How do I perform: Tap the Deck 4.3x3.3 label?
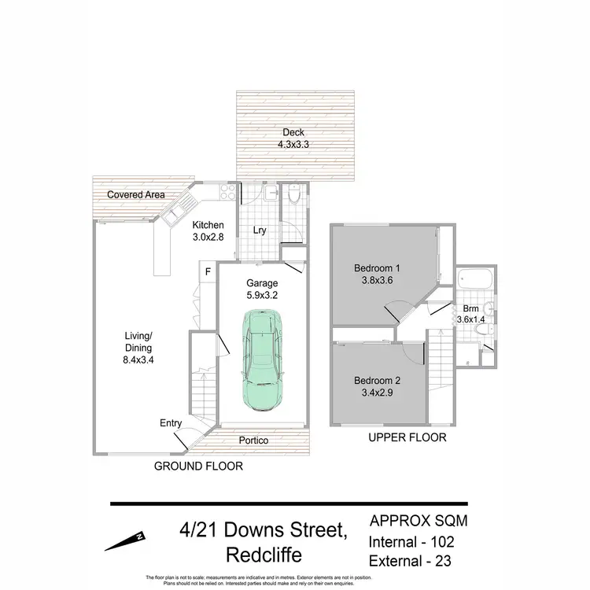coord(293,138)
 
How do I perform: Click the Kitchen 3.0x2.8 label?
coord(208,230)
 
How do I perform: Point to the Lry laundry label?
coord(259,230)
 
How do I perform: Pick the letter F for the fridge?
coord(208,272)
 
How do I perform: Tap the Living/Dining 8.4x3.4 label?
coord(138,346)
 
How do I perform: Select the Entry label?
coord(171,423)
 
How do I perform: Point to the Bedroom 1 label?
coord(375,272)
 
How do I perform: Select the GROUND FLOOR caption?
coord(198,466)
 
